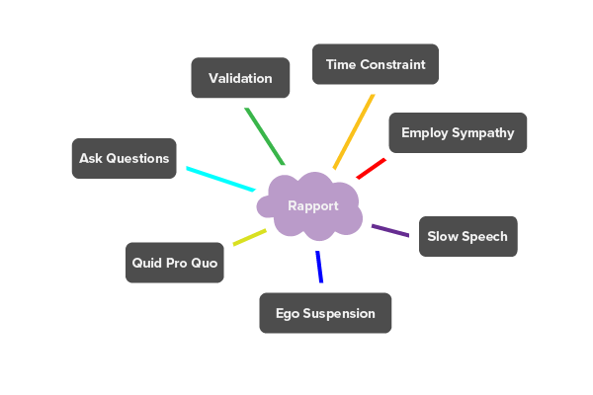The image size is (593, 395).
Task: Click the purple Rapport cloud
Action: tap(311, 206)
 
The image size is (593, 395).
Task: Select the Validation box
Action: tap(240, 78)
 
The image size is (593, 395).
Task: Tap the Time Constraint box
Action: tap(376, 64)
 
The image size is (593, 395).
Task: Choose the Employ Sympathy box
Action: tap(458, 132)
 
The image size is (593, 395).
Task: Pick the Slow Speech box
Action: tap(467, 236)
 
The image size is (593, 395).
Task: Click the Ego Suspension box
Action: tap(325, 313)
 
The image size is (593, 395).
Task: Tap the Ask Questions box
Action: tap(125, 158)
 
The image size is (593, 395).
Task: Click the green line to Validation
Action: tap(264, 135)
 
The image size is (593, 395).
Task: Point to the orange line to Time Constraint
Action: tap(354, 131)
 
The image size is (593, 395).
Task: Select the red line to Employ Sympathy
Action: tap(371, 169)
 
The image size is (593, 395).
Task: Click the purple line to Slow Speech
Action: tap(389, 231)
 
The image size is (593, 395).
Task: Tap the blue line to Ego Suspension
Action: tap(319, 267)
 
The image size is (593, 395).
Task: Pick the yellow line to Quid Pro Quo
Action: tap(249, 237)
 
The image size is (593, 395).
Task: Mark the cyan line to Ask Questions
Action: tap(220, 179)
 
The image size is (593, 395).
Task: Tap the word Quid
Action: tap(150, 264)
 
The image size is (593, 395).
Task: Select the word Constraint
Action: tap(392, 64)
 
